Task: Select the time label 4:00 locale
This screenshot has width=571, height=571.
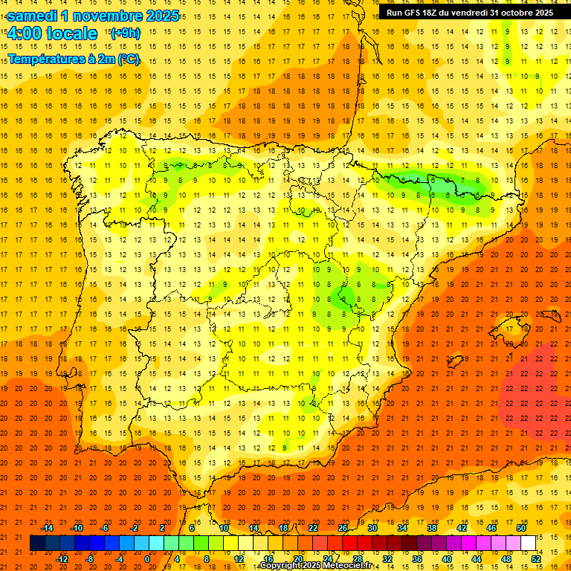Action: pos(52,34)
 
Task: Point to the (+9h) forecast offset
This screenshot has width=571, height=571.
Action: pos(124,33)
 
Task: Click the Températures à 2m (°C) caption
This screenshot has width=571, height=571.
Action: pos(74,59)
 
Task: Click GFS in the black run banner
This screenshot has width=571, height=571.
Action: pos(415,13)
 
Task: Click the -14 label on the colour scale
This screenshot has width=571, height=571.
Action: pos(47,528)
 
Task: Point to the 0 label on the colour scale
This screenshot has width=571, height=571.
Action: pos(147,558)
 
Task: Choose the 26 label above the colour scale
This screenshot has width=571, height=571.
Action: pos(343,528)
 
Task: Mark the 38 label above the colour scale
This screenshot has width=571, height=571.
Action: pos(432,528)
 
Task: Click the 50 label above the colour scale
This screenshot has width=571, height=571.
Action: pos(521,528)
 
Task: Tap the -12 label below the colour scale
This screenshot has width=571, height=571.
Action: pos(62,558)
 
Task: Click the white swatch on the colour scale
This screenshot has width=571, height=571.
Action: pos(529,543)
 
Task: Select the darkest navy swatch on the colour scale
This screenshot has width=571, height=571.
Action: pos(37,543)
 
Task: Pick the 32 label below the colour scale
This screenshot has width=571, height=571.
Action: pos(387,558)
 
